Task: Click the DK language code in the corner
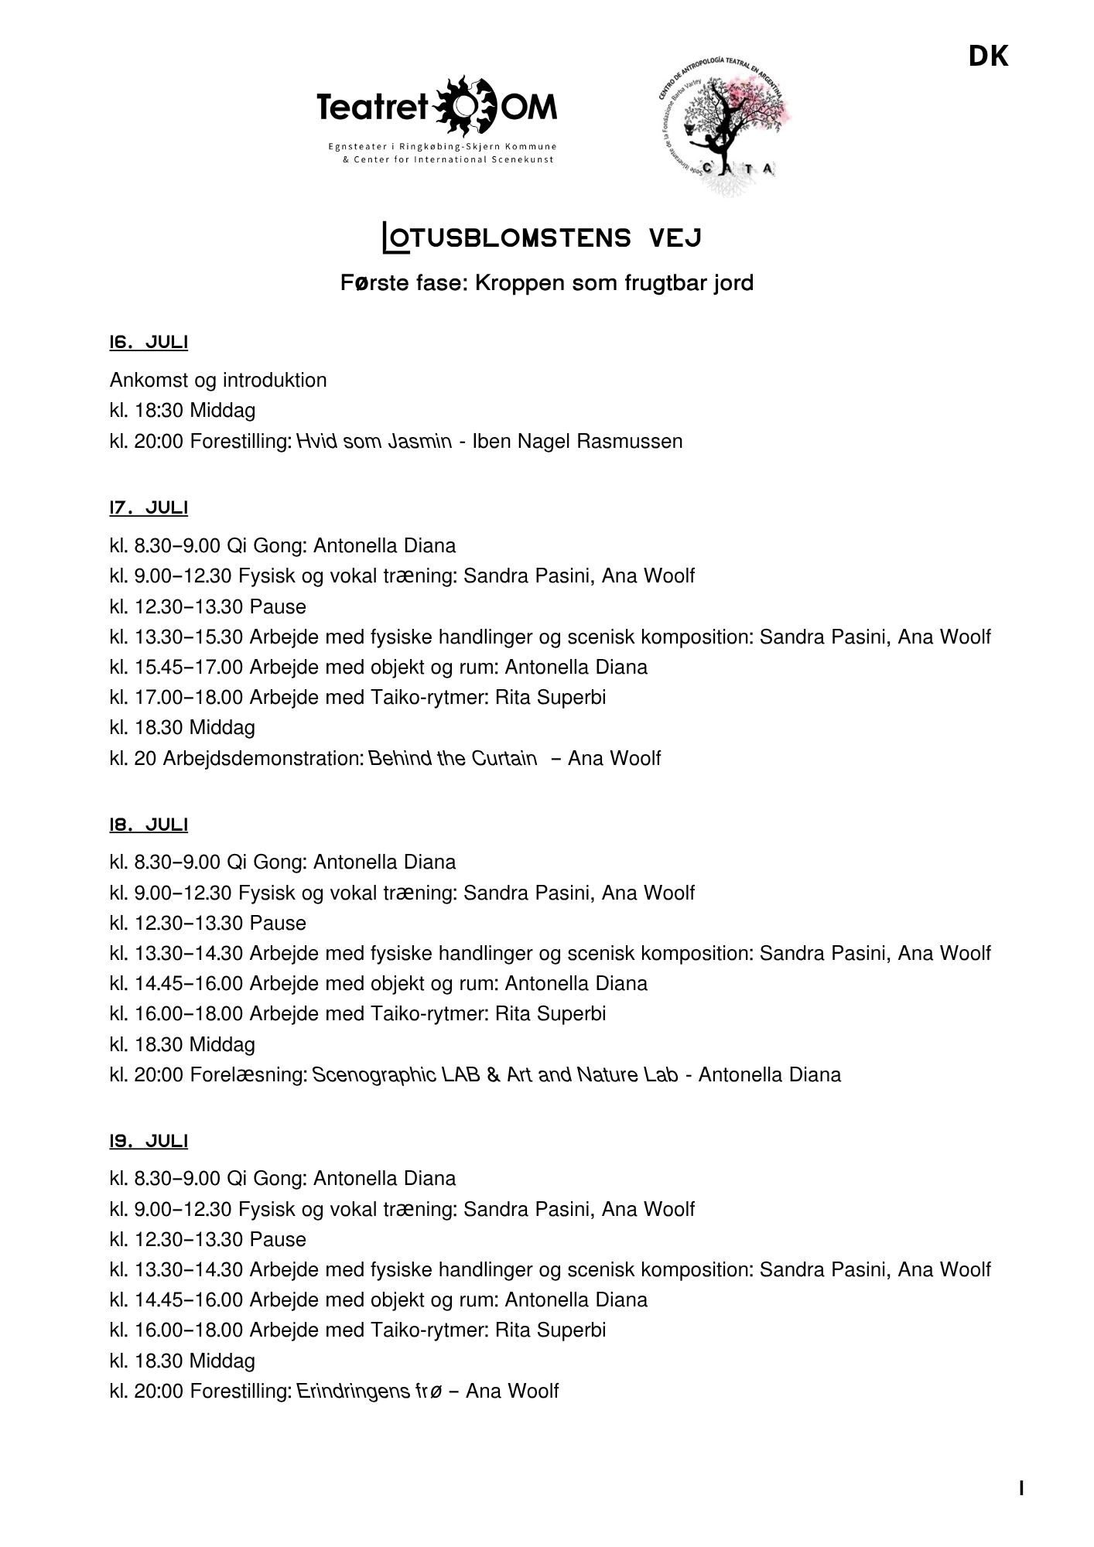pos(988,56)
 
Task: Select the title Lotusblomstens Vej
pos(542,237)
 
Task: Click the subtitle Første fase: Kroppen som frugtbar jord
pos(546,283)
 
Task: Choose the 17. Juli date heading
pos(149,507)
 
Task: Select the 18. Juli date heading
pos(149,825)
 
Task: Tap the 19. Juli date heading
pos(149,1141)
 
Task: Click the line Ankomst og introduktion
pos(218,380)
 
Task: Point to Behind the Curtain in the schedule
pos(453,758)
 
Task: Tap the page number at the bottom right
pos(1022,1488)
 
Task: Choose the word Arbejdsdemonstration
pos(263,758)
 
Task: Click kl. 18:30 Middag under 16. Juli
pos(183,411)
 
